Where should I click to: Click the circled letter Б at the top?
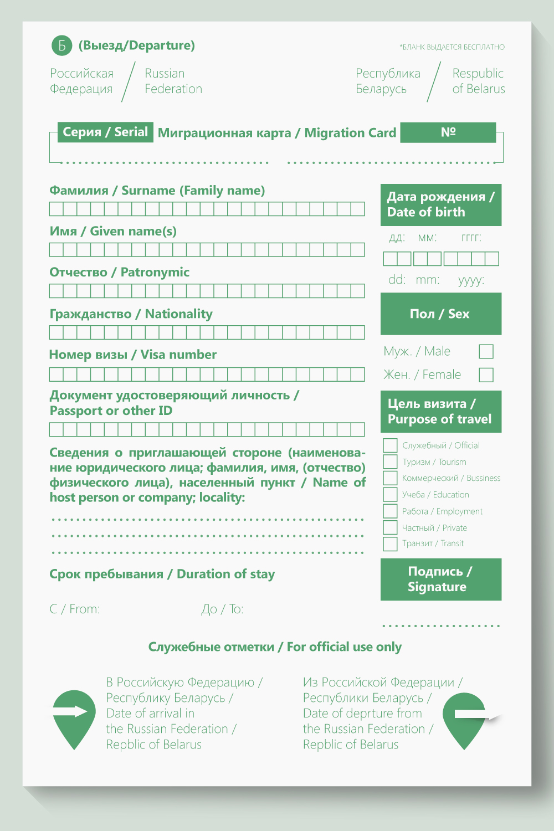(62, 45)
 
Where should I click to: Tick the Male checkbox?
(486, 351)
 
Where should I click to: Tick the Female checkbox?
(486, 375)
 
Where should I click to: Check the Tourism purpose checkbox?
(390, 461)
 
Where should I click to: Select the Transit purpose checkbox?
(390, 543)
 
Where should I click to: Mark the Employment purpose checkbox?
(390, 511)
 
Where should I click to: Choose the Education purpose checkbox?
(390, 494)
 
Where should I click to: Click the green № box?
(448, 132)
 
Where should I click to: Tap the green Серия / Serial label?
(105, 132)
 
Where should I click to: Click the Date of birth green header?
(440, 204)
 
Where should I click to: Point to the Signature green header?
(440, 579)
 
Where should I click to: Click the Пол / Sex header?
(440, 314)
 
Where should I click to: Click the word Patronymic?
(155, 272)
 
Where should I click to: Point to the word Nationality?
(179, 314)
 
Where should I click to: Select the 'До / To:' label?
(222, 609)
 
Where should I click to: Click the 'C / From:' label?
(75, 609)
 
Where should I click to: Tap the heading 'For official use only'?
(344, 647)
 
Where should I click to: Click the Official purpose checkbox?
(390, 445)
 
